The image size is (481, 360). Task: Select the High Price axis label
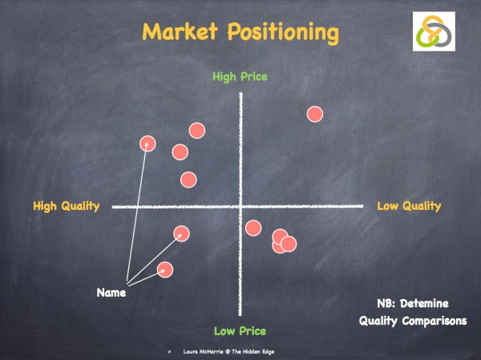click(x=239, y=77)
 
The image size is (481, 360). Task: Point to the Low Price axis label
click(x=240, y=330)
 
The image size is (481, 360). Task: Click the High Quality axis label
click(x=66, y=206)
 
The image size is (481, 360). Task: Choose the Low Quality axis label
click(x=409, y=206)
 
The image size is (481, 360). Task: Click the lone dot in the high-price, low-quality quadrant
click(x=315, y=114)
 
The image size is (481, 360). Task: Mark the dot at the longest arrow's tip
click(x=148, y=144)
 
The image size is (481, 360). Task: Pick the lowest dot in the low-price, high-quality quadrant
click(x=165, y=269)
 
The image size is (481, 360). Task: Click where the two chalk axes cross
click(x=240, y=207)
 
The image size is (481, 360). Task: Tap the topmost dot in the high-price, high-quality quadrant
click(x=196, y=130)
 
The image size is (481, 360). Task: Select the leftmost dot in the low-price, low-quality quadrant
click(x=253, y=228)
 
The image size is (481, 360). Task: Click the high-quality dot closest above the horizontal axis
click(x=188, y=180)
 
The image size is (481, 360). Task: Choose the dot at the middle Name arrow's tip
click(x=182, y=233)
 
